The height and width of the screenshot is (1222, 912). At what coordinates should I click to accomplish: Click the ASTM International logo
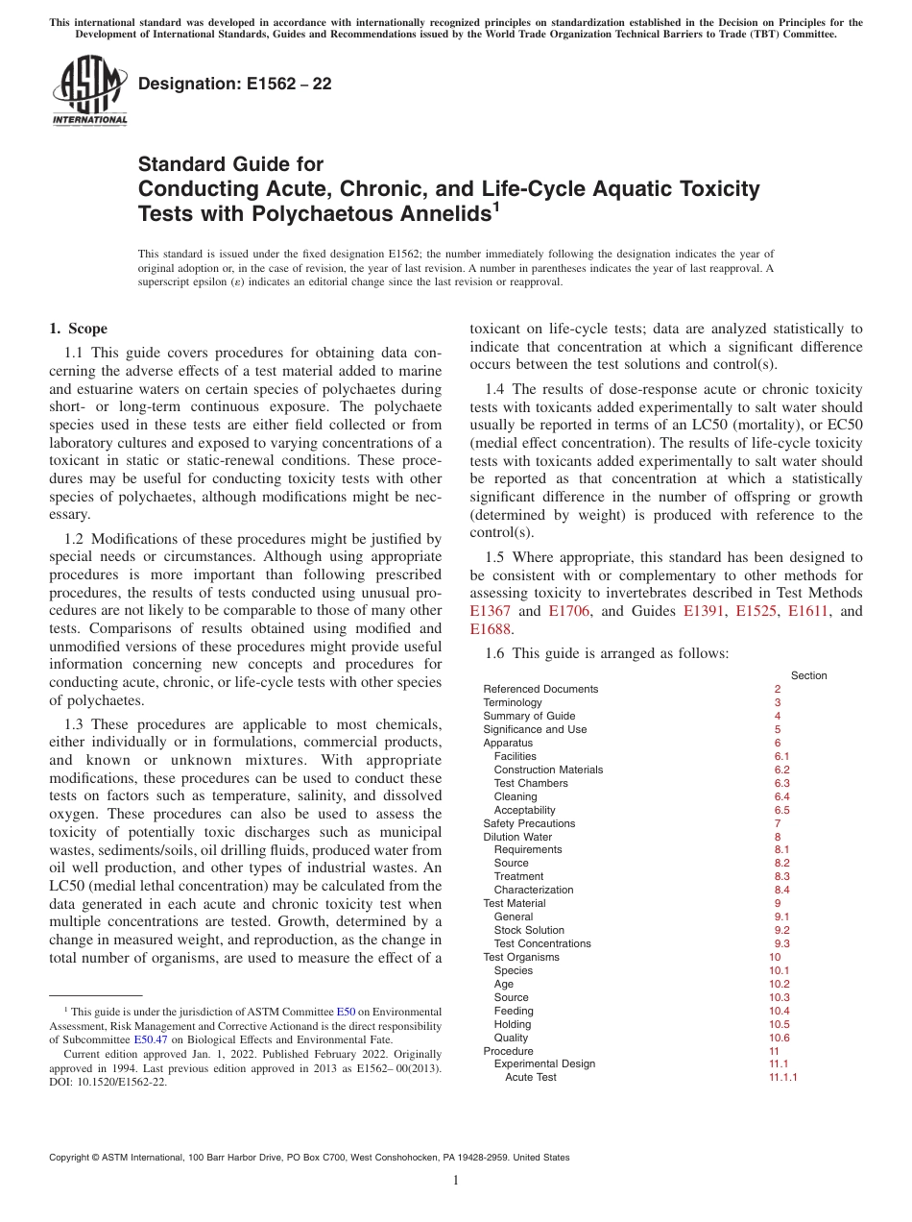point(88,90)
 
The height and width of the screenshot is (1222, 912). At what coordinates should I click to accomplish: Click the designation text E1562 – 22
point(235,84)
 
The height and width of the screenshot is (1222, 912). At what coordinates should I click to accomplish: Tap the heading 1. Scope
point(78,329)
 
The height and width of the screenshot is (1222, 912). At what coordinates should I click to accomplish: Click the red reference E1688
point(492,629)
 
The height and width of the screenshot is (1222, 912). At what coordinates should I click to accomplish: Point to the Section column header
point(808,675)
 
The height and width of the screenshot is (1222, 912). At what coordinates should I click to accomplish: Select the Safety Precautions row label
point(529,823)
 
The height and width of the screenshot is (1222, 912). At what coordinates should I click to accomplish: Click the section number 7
point(778,823)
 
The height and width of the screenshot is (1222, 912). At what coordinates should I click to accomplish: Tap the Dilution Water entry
point(517,837)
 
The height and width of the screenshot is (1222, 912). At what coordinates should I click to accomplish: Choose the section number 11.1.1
point(782,1077)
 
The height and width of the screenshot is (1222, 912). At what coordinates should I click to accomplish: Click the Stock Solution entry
point(529,930)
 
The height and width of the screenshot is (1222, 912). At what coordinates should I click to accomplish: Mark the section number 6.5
point(781,810)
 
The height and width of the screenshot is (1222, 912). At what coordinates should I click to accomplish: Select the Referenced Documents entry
point(540,689)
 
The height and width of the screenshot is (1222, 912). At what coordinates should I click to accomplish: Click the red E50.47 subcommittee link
point(148,1039)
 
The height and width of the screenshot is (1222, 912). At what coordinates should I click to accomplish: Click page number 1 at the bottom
point(456,1181)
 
